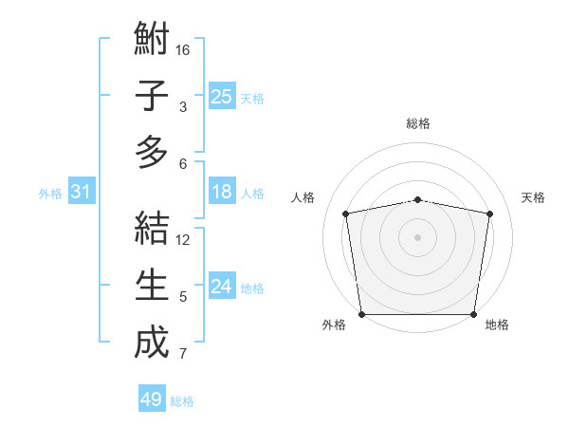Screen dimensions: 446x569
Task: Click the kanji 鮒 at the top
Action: click(152, 41)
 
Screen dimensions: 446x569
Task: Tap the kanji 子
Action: click(152, 96)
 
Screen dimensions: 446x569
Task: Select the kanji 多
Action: click(152, 152)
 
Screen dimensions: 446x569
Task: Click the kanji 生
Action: click(152, 285)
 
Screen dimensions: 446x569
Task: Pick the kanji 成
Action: click(152, 342)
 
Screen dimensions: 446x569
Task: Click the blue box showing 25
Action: click(221, 96)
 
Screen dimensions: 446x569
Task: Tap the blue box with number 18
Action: click(221, 192)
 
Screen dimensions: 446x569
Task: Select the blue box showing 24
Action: click(221, 287)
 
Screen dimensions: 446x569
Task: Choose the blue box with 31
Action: click(81, 192)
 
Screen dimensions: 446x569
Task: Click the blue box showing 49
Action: click(151, 400)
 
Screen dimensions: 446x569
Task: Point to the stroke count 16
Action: click(183, 49)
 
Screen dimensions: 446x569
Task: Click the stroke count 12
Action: click(183, 239)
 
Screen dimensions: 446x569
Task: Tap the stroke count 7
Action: click(183, 355)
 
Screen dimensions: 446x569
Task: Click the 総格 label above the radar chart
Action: click(418, 123)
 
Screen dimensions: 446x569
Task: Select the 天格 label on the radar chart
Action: click(533, 197)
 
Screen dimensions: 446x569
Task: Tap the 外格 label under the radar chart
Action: click(334, 325)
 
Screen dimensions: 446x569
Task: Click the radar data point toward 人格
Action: click(346, 214)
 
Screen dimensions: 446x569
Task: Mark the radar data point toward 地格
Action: click(473, 314)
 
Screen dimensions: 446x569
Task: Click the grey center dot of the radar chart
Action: click(418, 236)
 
